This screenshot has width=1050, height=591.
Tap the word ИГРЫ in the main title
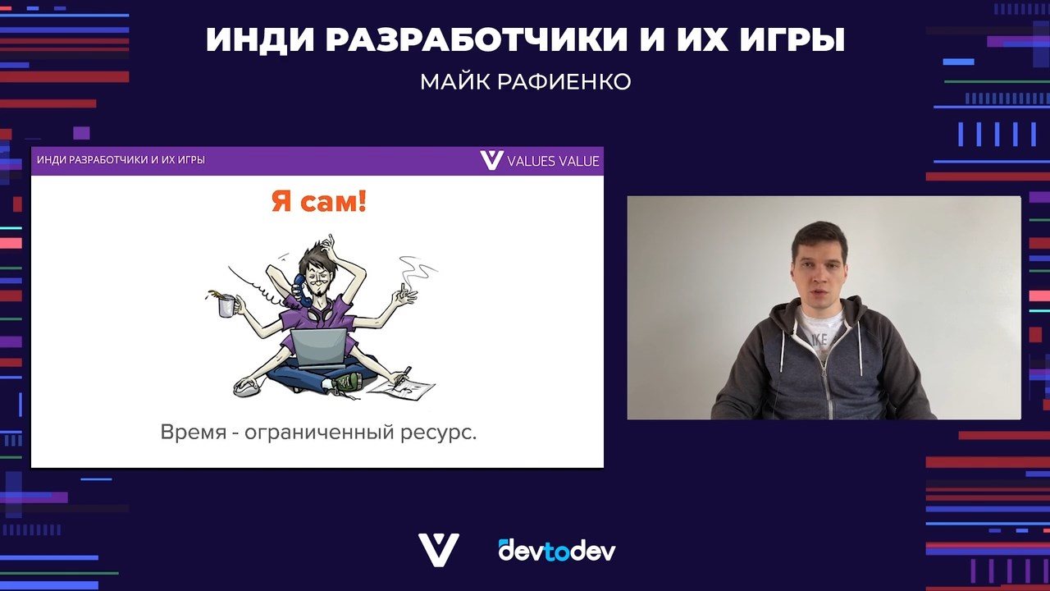click(x=792, y=39)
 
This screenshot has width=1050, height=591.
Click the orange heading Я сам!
click(x=319, y=203)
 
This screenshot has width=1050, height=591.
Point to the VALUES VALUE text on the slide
click(x=553, y=162)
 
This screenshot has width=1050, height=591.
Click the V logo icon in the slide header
click(x=491, y=160)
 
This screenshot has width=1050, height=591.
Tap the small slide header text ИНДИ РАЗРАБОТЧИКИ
click(x=93, y=160)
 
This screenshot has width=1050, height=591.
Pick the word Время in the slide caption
click(x=194, y=432)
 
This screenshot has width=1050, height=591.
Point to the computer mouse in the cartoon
click(x=247, y=387)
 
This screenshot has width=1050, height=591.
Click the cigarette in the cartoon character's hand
click(x=402, y=289)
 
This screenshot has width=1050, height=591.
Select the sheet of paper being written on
click(x=401, y=390)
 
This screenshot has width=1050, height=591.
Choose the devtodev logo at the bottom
click(x=557, y=551)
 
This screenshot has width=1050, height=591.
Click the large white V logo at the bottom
click(x=439, y=550)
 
